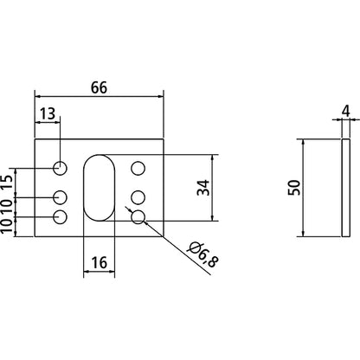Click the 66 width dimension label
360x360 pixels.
(x=98, y=87)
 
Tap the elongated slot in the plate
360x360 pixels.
(x=98, y=185)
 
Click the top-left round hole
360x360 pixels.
(x=60, y=168)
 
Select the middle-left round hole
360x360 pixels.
(x=60, y=196)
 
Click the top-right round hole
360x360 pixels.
(x=137, y=168)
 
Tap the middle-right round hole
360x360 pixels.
(x=137, y=196)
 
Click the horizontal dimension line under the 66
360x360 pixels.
(x=98, y=97)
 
